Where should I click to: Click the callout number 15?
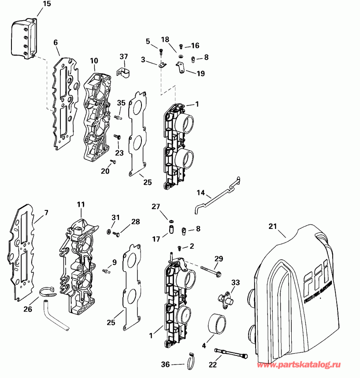point(46,4)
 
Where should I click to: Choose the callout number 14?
point(200,192)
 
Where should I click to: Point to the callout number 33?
point(235,282)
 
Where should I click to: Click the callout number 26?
point(28,309)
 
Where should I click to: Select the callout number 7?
point(46,213)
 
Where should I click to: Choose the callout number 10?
point(94,60)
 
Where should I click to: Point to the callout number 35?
point(121,103)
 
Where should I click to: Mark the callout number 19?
point(200,74)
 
